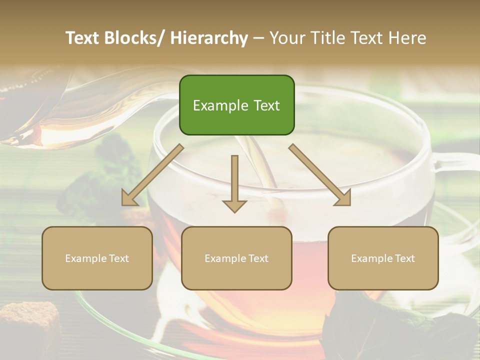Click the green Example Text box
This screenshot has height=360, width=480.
coord(236,105)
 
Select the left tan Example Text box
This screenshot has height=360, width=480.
coord(97,258)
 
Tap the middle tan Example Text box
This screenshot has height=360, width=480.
coord(236,258)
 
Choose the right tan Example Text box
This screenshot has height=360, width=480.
coord(383,258)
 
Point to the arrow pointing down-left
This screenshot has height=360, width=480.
coord(152,175)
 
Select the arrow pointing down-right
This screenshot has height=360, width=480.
coord(320,175)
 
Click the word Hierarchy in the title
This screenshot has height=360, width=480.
coord(209,38)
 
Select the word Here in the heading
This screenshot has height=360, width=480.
coord(407,38)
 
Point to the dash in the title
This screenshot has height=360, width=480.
coord(258,38)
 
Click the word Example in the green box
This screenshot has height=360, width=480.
coord(216,105)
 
